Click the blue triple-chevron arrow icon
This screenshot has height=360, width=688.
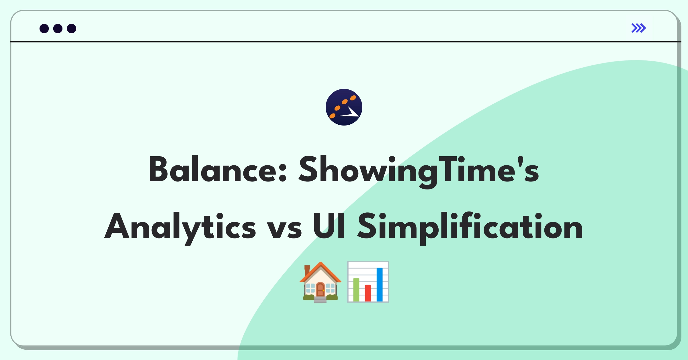[639, 28]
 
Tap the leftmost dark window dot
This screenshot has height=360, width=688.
[44, 29]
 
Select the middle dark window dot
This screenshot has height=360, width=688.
[58, 29]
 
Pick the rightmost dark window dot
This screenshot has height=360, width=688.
[72, 29]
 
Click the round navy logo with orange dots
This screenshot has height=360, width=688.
[344, 107]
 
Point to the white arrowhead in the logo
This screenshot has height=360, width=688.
[351, 113]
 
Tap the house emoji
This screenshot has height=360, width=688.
[320, 282]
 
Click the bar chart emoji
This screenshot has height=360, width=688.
[368, 282]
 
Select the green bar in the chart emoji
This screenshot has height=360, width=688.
[356, 290]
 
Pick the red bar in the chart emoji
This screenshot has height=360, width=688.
[368, 293]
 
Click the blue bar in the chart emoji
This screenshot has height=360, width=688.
[380, 285]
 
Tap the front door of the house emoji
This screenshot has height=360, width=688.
[320, 289]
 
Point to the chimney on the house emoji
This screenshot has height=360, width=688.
[307, 270]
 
